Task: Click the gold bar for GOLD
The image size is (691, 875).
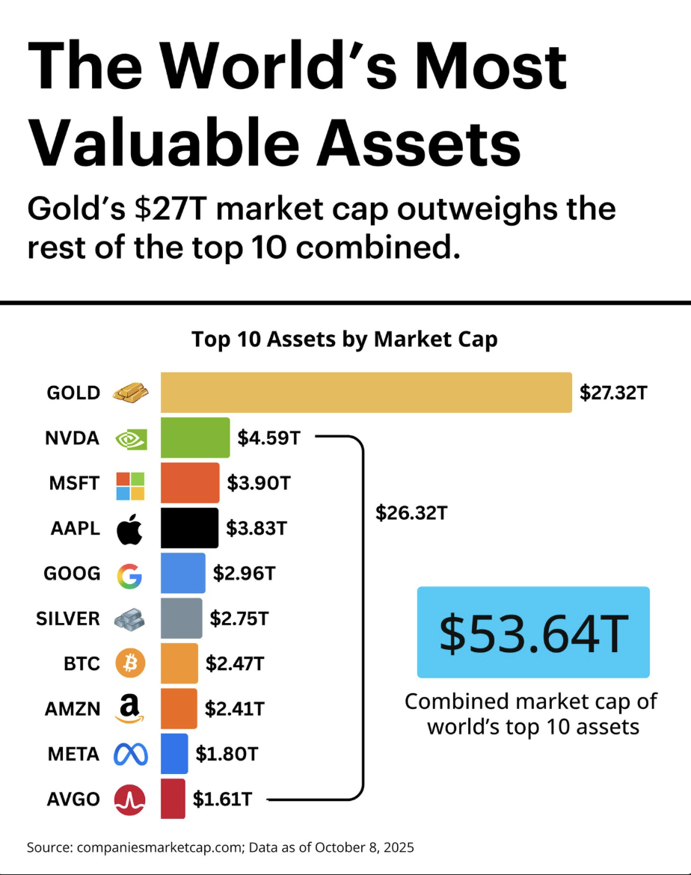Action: click(366, 392)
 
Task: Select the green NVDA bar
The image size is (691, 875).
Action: click(195, 437)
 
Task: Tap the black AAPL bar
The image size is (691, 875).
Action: click(189, 528)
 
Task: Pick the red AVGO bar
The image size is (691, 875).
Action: click(173, 798)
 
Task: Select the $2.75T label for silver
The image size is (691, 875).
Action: click(239, 618)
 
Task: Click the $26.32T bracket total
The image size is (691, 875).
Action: click(411, 513)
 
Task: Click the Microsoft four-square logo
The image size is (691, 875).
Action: click(130, 485)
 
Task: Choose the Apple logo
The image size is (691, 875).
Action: click(129, 529)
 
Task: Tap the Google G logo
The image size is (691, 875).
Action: click(129, 575)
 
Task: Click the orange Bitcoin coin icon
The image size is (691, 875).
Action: click(130, 663)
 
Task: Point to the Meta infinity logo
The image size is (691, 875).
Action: click(130, 754)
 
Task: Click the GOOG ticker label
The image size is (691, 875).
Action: click(73, 574)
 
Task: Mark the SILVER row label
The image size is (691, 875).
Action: click(68, 618)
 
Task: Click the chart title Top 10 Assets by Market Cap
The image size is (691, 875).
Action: click(345, 340)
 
